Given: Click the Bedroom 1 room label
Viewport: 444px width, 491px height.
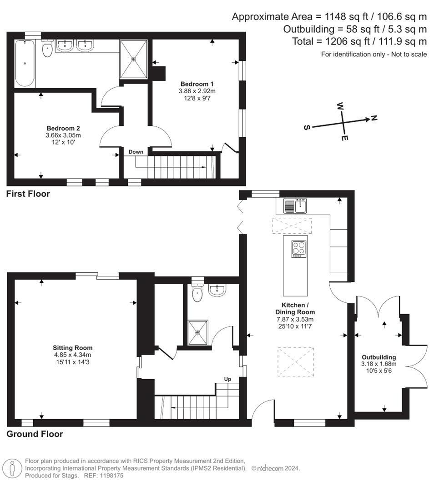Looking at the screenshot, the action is click(197, 84).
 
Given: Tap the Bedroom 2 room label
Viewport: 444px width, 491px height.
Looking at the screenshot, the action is click(63, 128).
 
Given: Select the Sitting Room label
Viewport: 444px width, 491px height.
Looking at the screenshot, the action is click(72, 348).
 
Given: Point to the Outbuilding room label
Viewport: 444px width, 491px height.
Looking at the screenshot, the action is click(378, 357).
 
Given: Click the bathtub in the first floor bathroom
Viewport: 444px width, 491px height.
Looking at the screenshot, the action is click(25, 63).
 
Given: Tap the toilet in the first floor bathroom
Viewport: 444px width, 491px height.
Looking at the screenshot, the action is click(47, 49).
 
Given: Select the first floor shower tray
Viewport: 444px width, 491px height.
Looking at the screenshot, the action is click(134, 59).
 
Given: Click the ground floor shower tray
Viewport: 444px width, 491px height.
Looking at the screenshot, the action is click(198, 332).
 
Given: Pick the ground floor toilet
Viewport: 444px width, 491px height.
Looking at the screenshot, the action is click(197, 292).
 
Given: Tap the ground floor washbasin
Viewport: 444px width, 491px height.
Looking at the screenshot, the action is click(217, 290).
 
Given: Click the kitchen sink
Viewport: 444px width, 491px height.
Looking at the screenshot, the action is click(295, 205).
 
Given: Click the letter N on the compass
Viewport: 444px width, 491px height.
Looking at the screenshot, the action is click(374, 118).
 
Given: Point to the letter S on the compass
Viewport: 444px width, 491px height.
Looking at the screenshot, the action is click(307, 127).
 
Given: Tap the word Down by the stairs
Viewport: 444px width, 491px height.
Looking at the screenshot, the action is click(136, 152).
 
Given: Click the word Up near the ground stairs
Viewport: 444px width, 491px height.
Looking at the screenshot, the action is click(227, 379).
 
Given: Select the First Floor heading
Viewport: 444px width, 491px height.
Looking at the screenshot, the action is click(28, 194).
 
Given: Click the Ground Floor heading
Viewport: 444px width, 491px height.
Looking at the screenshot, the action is click(35, 434).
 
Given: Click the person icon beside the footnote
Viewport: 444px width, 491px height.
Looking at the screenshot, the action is click(12, 468).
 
